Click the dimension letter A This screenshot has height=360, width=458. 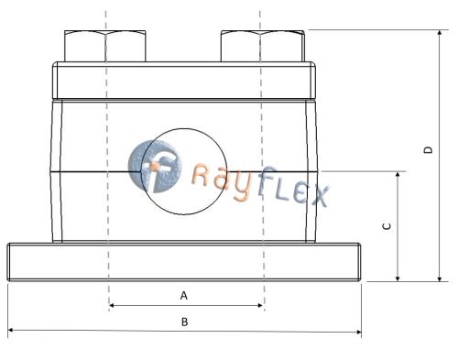click(184, 295)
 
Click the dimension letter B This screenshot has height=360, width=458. click(184, 322)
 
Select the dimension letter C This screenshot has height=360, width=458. click(387, 226)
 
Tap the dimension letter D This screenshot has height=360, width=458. click(429, 150)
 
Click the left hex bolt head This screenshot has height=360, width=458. click(105, 46)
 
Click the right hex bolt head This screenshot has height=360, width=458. click(263, 46)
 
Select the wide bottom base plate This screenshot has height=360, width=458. click(184, 262)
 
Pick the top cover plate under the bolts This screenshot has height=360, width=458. click(184, 81)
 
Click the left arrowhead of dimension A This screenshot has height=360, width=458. click(110, 305)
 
